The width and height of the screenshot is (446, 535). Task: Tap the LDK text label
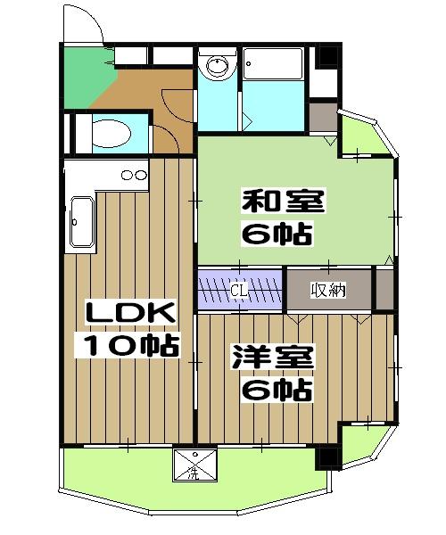point(131,314)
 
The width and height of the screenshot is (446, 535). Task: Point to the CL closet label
point(238,290)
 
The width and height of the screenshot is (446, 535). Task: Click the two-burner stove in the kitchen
point(133,175)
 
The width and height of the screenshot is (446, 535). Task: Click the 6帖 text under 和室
point(277,235)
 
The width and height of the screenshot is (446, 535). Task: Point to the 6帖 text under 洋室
point(277,390)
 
